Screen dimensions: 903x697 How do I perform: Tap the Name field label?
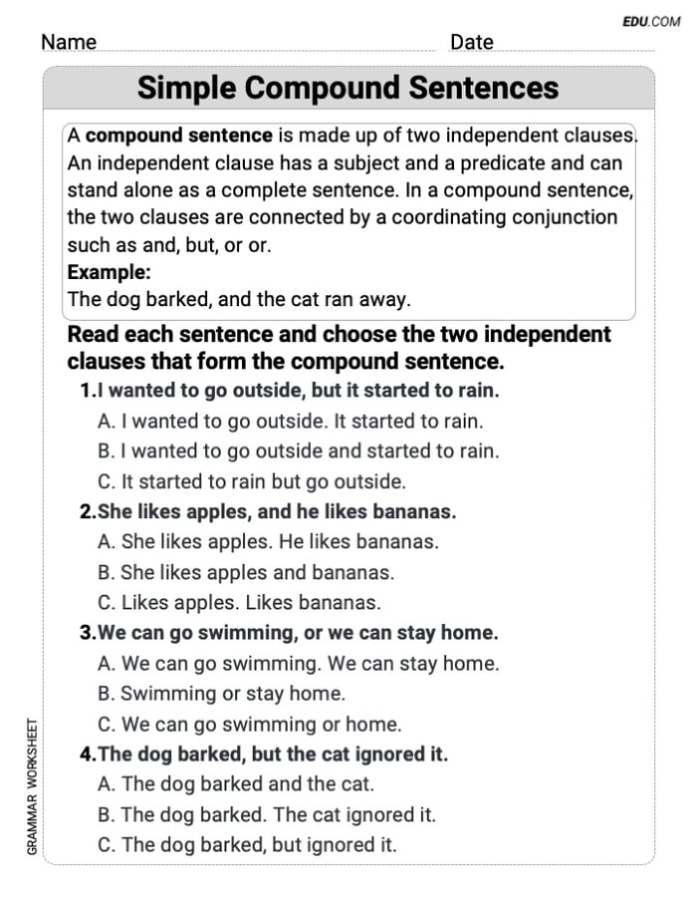tap(69, 42)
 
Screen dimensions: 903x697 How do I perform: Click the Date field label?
tap(471, 42)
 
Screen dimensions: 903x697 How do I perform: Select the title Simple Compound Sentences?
tap(348, 88)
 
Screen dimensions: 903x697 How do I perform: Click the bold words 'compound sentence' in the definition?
tap(179, 136)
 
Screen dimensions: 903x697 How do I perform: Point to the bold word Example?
tap(109, 271)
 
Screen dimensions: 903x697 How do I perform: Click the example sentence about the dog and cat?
tap(239, 299)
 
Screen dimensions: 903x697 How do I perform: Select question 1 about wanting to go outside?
tap(290, 391)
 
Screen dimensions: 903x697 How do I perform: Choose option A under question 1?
tap(290, 422)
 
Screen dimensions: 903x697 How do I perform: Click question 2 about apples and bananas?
tap(268, 512)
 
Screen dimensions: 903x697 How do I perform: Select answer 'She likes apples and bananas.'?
tap(246, 572)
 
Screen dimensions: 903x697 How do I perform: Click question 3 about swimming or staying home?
tap(289, 633)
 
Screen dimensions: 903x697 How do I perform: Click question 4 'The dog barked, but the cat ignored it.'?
tap(264, 754)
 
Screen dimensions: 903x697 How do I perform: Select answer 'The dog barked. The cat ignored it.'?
tap(267, 814)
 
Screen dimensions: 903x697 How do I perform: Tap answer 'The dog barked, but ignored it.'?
tap(247, 845)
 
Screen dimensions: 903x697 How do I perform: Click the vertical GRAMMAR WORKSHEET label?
tap(32, 786)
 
